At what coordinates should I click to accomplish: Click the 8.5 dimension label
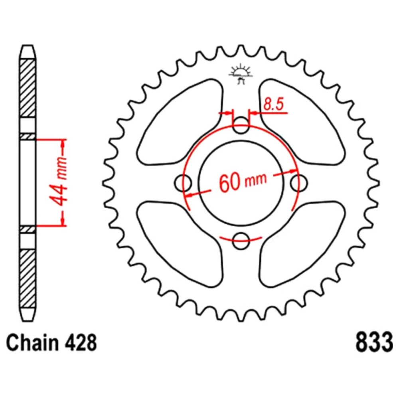pos(273,104)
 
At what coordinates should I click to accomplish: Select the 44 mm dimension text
pos(60,181)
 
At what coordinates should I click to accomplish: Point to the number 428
pos(81,343)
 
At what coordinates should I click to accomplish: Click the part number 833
pos(374,342)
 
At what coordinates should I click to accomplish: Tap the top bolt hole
pos(241,125)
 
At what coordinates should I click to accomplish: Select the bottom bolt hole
pos(241,241)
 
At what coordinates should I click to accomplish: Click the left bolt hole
pos(183,183)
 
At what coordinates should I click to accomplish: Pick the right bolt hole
pos(299,183)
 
